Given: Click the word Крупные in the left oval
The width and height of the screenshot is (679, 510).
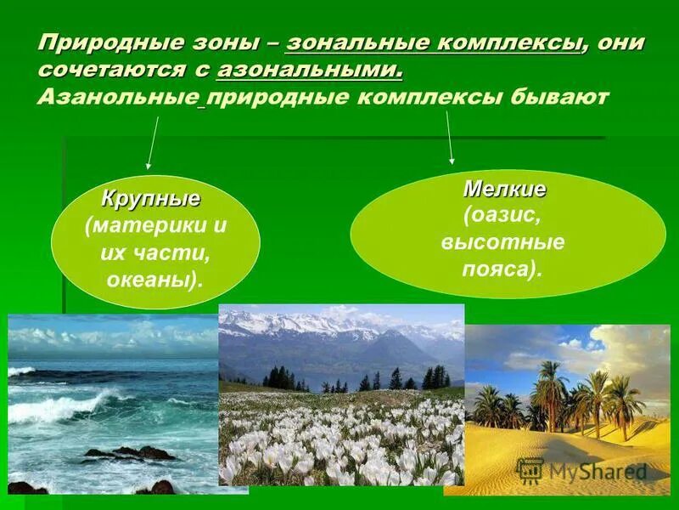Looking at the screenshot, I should point(151,200).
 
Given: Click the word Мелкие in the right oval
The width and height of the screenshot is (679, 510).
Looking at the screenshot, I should point(505,189).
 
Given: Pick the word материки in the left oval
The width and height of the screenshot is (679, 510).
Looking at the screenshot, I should point(137,227).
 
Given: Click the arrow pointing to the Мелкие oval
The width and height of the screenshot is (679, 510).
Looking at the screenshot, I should point(450,136).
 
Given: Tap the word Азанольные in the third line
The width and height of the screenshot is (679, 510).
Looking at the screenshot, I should point(117,96).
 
